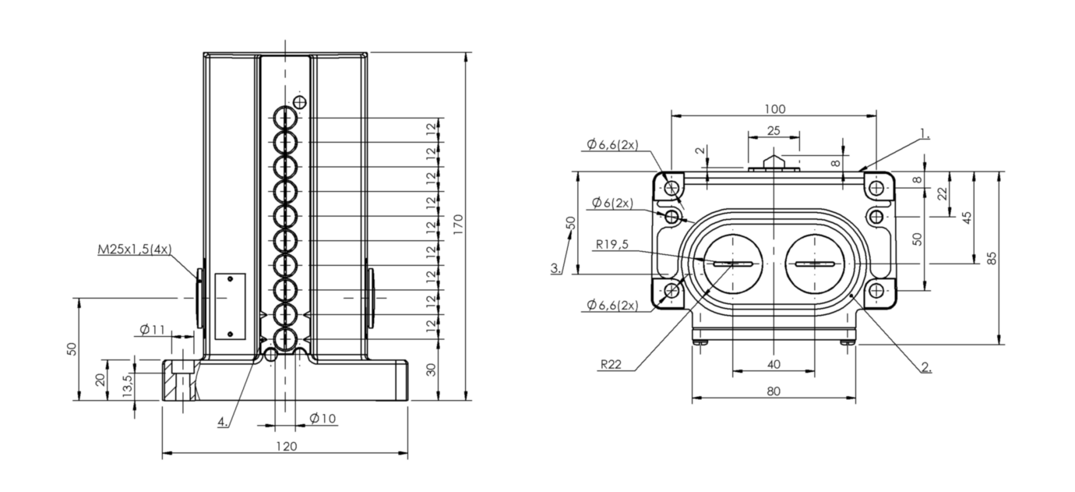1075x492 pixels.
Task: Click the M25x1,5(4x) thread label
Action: click(135, 250)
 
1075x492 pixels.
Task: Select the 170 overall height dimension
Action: click(458, 225)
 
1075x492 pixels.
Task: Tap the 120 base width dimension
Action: click(287, 446)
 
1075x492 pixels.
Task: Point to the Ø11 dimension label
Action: click(152, 330)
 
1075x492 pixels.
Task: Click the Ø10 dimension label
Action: click(322, 419)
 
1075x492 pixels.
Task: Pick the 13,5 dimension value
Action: click(127, 385)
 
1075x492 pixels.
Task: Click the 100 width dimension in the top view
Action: click(774, 109)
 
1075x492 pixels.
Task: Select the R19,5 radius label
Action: click(612, 245)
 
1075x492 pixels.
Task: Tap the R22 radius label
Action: click(611, 365)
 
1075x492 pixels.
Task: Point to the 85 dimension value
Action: click(992, 258)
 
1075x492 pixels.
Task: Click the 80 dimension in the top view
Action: click(773, 391)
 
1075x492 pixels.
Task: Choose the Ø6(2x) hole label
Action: click(613, 204)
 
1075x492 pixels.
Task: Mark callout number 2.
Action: click(926, 367)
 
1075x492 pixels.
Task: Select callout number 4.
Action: click(223, 422)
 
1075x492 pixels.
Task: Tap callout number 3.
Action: click(555, 268)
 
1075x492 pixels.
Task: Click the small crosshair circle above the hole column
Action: click(300, 102)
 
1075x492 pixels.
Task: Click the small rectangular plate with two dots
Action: click(230, 307)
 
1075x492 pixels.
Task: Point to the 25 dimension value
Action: click(774, 131)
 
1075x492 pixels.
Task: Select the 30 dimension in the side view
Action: click(432, 370)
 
